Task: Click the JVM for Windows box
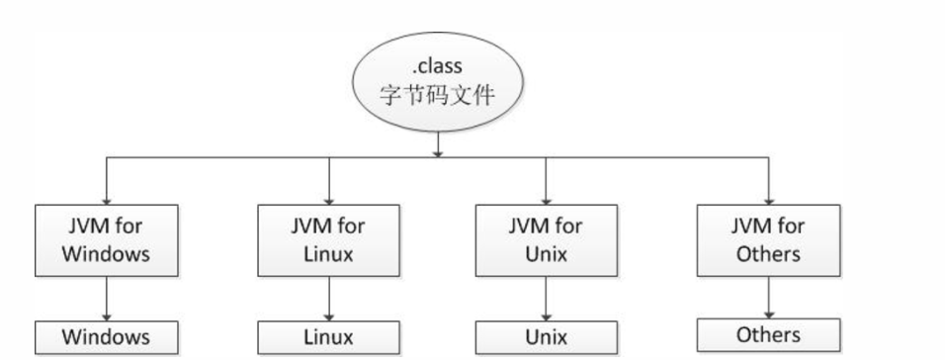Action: (107, 239)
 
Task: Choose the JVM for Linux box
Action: (328, 239)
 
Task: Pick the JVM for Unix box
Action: (546, 239)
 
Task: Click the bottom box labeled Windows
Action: (107, 337)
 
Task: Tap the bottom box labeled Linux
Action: (328, 337)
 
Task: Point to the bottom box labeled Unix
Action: (546, 337)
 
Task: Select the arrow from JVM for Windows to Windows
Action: (107, 299)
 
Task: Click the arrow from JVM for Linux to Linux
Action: (328, 299)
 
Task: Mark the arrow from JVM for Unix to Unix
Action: (546, 299)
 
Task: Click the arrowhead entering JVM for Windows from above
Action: (107, 198)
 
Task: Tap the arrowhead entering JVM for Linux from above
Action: (328, 198)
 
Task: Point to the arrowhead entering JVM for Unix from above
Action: (546, 198)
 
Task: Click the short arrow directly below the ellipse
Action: (437, 146)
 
